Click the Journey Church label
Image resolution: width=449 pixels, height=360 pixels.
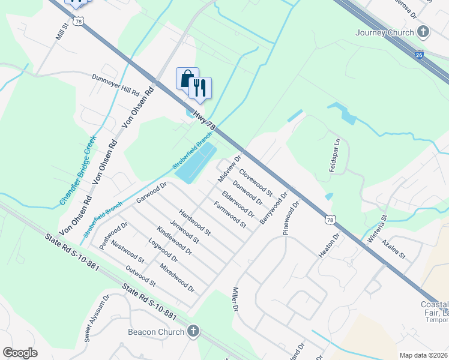pyautogui.click(x=384, y=32)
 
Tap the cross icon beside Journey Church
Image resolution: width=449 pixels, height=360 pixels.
pyautogui.click(x=423, y=32)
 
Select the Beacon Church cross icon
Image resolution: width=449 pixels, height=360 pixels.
pyautogui.click(x=193, y=331)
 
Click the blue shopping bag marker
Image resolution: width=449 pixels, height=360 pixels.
pyautogui.click(x=187, y=79)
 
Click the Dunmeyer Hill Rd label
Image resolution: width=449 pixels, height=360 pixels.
pyautogui.click(x=115, y=86)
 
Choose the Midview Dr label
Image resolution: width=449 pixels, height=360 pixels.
pyautogui.click(x=229, y=168)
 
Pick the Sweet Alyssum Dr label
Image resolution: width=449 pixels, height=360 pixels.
pyautogui.click(x=96, y=317)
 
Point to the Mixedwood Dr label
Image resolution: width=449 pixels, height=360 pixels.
pyautogui.click(x=177, y=277)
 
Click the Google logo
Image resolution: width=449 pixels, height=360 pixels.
pyautogui.click(x=20, y=352)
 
